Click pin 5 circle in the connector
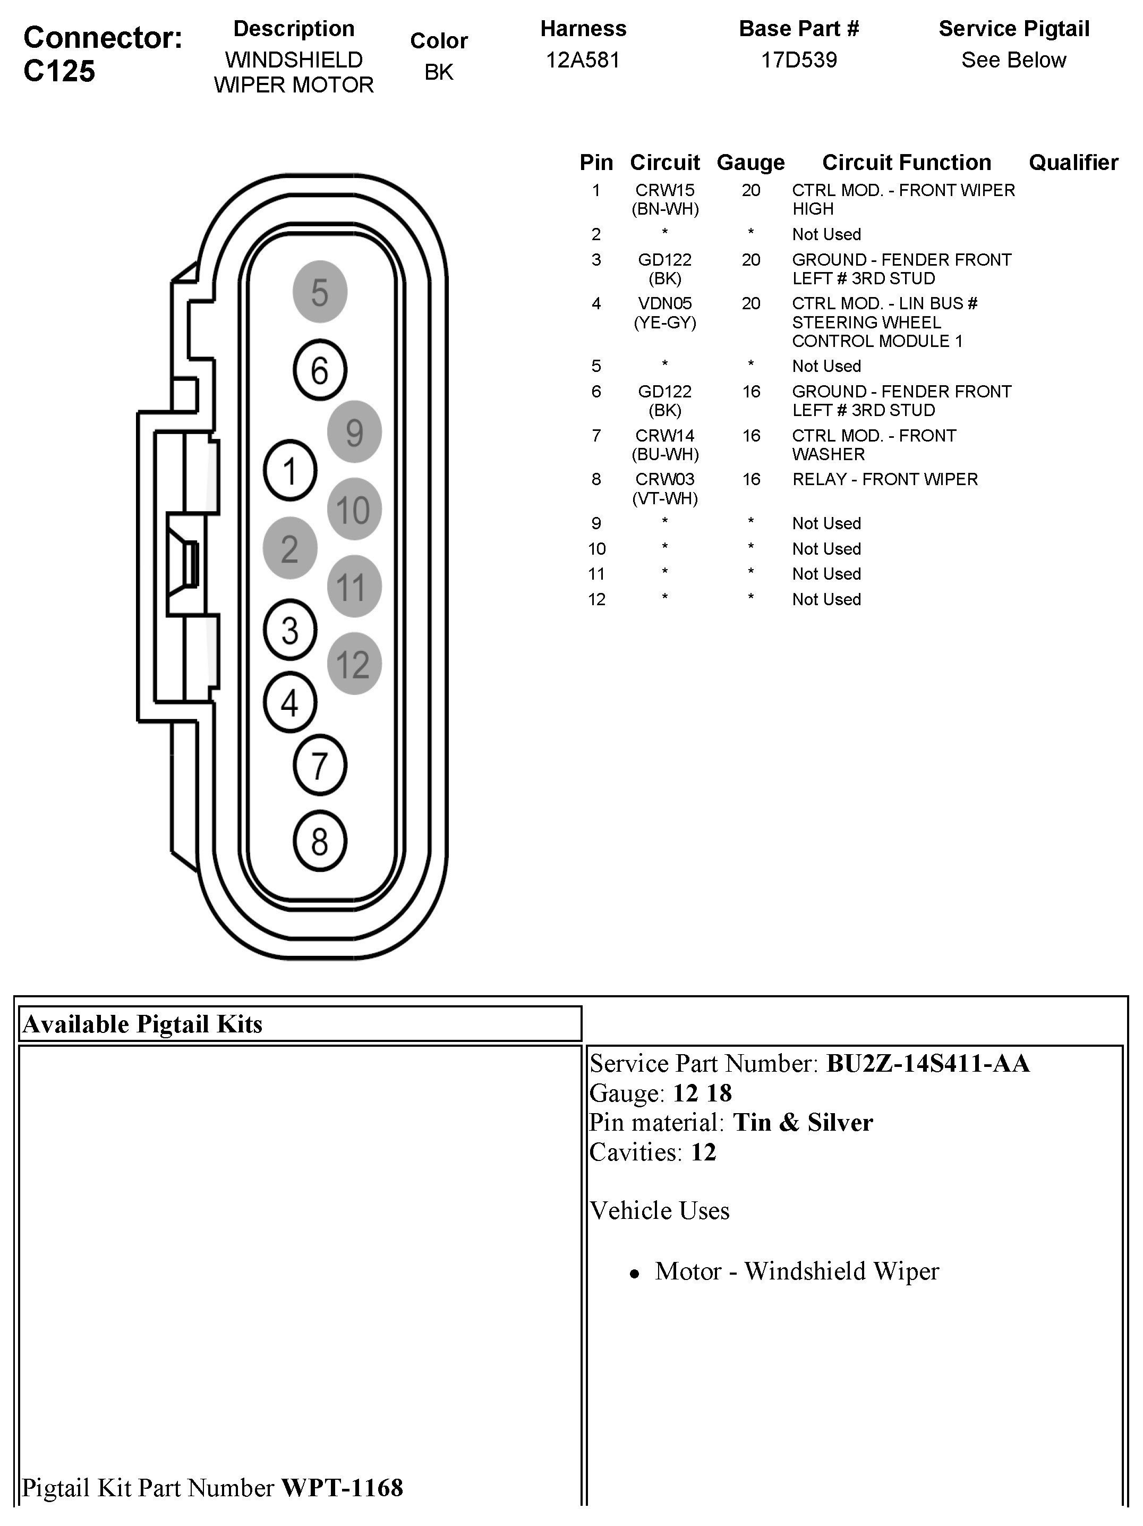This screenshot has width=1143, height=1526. click(x=319, y=292)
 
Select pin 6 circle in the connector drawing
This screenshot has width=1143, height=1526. click(x=319, y=370)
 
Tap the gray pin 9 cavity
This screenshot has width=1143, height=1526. click(x=354, y=432)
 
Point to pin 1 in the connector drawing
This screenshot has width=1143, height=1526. click(x=289, y=471)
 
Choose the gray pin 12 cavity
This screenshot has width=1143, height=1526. click(x=354, y=664)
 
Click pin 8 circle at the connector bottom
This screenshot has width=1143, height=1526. click(x=319, y=841)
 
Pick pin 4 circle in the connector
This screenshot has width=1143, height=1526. click(x=289, y=702)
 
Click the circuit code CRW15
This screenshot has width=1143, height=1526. click(x=665, y=190)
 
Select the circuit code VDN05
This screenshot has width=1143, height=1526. click(x=665, y=303)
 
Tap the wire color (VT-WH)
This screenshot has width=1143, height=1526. click(x=665, y=498)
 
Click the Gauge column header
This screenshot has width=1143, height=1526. click(x=750, y=162)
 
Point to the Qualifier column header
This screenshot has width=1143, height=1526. click(x=1073, y=162)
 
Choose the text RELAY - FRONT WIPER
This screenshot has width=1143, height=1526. click(x=885, y=479)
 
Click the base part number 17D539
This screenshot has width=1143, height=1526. click(x=799, y=60)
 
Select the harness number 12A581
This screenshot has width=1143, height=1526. click(x=583, y=60)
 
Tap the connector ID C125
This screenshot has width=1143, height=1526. click(x=59, y=71)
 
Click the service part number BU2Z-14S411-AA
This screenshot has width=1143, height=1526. click(x=928, y=1063)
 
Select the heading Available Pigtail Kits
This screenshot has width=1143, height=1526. click(x=143, y=1024)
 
